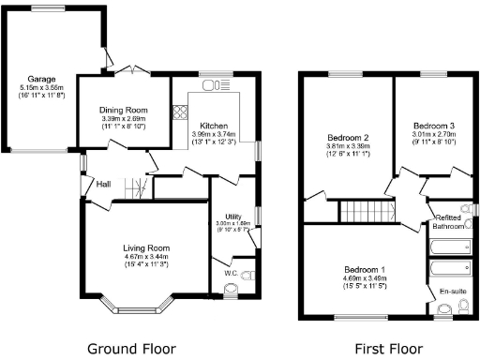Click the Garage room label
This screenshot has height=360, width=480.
point(40,80)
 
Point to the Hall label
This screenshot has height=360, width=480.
point(103,184)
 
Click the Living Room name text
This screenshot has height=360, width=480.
point(146,247)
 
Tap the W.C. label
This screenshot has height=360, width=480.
point(232,273)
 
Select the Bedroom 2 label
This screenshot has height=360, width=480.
point(347,136)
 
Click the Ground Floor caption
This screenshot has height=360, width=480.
point(131,349)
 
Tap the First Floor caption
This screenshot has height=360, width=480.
point(385,349)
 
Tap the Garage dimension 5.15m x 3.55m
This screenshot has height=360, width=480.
point(40,88)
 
